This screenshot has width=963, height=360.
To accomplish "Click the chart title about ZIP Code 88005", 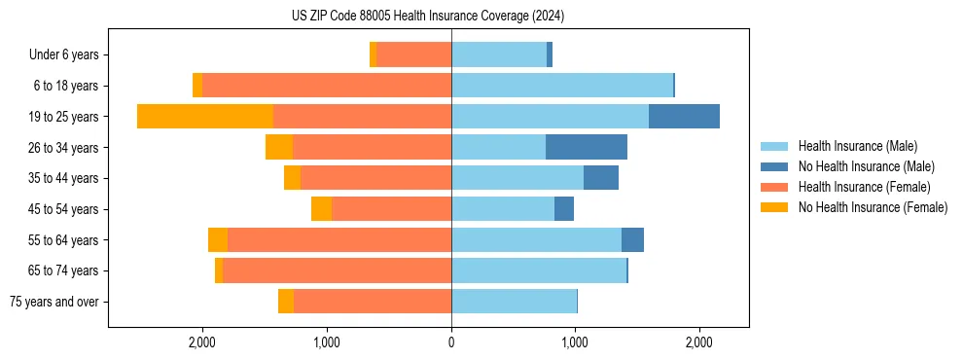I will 428,17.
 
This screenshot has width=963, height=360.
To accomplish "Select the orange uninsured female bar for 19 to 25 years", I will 205,117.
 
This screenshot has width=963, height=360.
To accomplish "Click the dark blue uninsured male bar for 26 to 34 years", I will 587,147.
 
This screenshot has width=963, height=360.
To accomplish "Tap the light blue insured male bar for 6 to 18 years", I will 562,86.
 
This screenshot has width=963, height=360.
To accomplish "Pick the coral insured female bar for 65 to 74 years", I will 337,270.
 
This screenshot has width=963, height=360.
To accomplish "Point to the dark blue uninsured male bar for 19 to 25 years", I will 684,117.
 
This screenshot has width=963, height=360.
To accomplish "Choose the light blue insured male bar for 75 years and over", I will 514,302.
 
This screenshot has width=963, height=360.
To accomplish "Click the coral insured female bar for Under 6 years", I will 413,54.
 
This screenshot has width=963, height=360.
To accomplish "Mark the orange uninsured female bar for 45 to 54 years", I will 321,209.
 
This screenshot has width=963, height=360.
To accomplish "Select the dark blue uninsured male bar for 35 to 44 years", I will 601,178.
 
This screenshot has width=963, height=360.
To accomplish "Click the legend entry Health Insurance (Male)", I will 857,146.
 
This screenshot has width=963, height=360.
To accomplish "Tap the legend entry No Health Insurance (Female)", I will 873,207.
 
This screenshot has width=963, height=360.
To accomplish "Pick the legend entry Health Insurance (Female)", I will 865,187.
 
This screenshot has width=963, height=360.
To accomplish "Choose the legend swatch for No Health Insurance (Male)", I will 774,166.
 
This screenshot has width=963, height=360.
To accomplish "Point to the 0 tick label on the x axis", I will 451,342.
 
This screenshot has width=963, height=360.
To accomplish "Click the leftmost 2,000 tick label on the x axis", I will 202,342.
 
